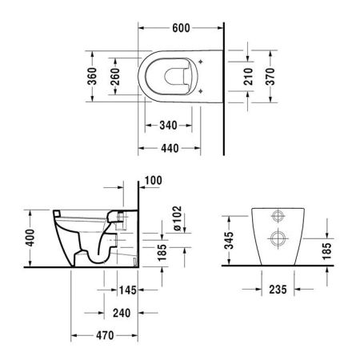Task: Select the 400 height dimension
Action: pyautogui.click(x=30, y=238)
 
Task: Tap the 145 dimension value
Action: pyautogui.click(x=125, y=290)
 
